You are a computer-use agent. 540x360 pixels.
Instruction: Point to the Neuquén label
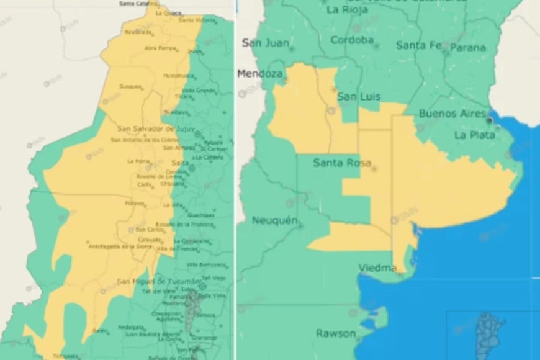pos(275,220)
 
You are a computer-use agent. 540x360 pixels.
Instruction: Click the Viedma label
pos(377,268)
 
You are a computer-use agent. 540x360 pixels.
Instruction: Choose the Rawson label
pos(336,333)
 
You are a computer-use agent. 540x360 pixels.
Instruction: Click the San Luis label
pos(358,97)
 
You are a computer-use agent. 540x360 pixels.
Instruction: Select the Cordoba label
pos(352,40)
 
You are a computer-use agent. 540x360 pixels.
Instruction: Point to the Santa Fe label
pos(419,45)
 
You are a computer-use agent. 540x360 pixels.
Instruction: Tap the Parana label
pos(468,47)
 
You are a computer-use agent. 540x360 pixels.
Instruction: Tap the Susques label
pos(130,87)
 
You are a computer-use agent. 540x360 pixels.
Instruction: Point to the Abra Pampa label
pos(160,48)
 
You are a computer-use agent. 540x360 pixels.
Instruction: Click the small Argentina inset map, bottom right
pos(490,334)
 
